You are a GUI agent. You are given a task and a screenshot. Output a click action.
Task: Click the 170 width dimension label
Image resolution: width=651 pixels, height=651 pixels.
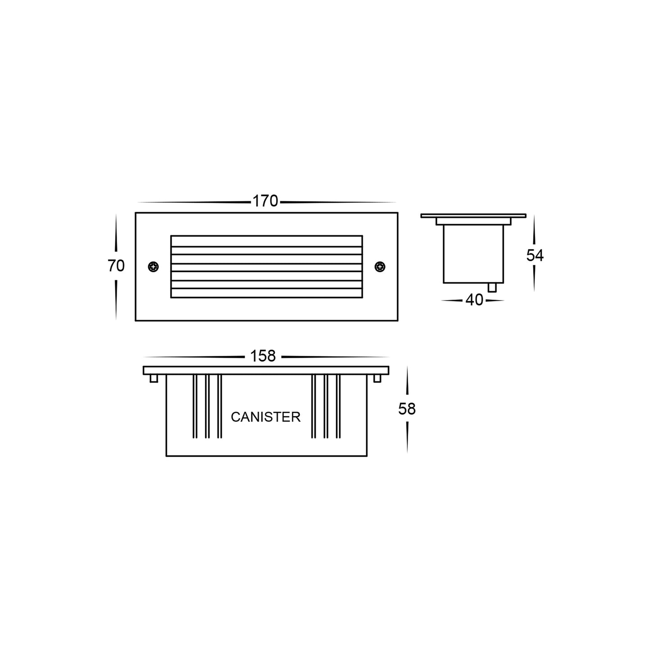[x=265, y=201]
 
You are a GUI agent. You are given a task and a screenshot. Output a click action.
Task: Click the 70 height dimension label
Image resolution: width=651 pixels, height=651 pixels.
[x=116, y=266]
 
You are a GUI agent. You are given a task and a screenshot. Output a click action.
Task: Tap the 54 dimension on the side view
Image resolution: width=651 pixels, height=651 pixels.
[x=535, y=256]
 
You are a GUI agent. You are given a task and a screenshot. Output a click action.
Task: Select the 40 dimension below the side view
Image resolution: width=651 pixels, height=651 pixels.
[x=474, y=300]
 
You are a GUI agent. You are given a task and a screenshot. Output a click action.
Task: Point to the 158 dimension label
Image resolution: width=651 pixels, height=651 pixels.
[x=263, y=356]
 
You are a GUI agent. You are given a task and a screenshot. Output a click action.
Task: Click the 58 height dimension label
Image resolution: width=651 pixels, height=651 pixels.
[x=407, y=409]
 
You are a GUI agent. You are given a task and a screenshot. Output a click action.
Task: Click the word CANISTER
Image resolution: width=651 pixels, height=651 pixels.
[x=265, y=417]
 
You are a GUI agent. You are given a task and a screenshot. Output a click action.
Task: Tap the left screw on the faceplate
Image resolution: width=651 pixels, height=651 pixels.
[x=154, y=267]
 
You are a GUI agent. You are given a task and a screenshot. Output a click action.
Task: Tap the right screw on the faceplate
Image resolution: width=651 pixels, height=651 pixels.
[x=380, y=267]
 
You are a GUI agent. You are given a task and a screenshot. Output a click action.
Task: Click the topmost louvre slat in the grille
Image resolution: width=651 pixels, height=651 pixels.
[x=267, y=241]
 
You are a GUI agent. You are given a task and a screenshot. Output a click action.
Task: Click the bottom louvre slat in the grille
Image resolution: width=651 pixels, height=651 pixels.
[x=267, y=293]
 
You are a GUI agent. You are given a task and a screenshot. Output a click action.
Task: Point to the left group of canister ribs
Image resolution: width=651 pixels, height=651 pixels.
[x=207, y=406]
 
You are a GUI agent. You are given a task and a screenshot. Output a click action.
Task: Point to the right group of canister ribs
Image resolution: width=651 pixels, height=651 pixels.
[x=326, y=406]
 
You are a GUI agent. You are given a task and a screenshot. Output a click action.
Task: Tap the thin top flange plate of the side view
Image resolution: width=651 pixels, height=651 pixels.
[x=473, y=216]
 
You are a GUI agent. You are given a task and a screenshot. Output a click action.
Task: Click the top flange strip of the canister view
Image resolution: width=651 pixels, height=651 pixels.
[x=266, y=370]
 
